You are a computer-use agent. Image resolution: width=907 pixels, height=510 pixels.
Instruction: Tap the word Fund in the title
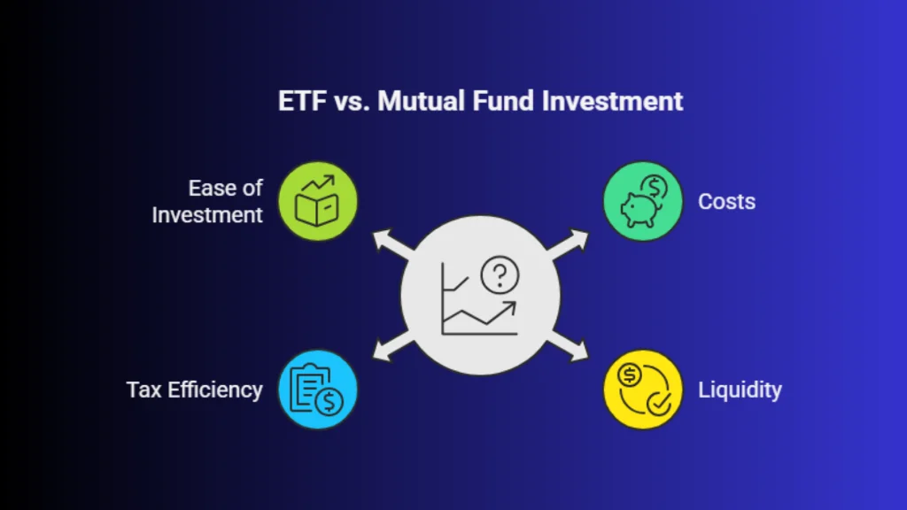[x=503, y=101]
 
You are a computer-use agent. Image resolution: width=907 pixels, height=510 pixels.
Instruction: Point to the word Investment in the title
[x=612, y=101]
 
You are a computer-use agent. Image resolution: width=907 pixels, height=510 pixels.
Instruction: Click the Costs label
[x=726, y=202]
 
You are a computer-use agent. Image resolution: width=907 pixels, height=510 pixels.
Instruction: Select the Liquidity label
[x=740, y=390]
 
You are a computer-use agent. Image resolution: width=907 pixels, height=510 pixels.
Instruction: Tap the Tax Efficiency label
[x=194, y=390]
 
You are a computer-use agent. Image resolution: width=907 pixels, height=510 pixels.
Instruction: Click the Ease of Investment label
[x=207, y=201]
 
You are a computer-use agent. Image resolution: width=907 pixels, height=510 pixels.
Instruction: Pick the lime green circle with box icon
[x=318, y=201]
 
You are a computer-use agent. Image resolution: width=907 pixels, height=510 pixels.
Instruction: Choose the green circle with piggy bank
[x=643, y=201]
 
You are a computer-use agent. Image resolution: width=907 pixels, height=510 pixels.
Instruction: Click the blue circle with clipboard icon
[x=318, y=390]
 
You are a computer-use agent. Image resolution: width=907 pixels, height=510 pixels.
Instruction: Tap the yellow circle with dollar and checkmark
[x=643, y=390]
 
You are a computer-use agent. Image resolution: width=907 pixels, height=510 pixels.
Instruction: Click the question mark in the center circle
[x=500, y=274]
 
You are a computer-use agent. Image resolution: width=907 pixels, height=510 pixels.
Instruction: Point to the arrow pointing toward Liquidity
[x=568, y=346]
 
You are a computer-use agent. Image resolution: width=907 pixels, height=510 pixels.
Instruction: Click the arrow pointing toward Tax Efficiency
[x=393, y=346]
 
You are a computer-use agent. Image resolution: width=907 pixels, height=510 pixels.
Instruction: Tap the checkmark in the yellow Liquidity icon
[x=659, y=404]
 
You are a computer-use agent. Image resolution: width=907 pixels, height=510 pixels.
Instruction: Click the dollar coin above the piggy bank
[x=655, y=188]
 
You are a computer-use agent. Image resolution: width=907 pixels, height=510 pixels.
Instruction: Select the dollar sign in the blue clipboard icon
[x=329, y=401]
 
